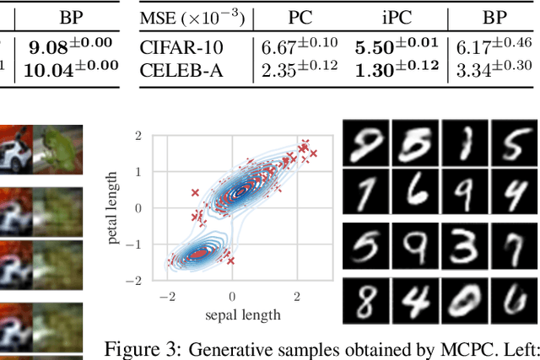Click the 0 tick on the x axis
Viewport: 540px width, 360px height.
coord(232,296)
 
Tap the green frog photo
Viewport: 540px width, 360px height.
coord(58,149)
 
